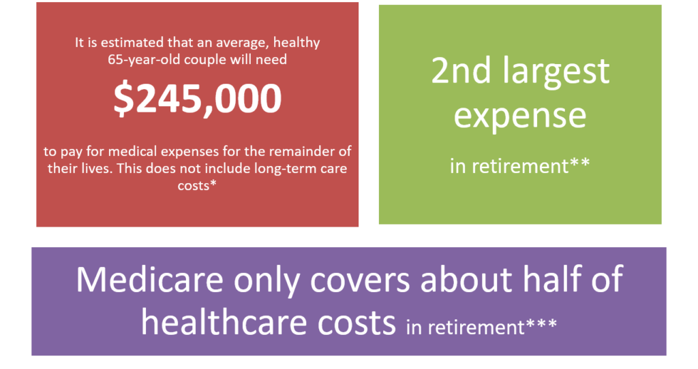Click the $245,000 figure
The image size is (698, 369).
[x=197, y=99]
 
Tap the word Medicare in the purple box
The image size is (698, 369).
[x=149, y=280]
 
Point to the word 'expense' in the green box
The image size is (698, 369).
[x=520, y=117]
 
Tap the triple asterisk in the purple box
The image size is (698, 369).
[x=541, y=323]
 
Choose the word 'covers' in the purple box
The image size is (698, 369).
[x=360, y=281]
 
